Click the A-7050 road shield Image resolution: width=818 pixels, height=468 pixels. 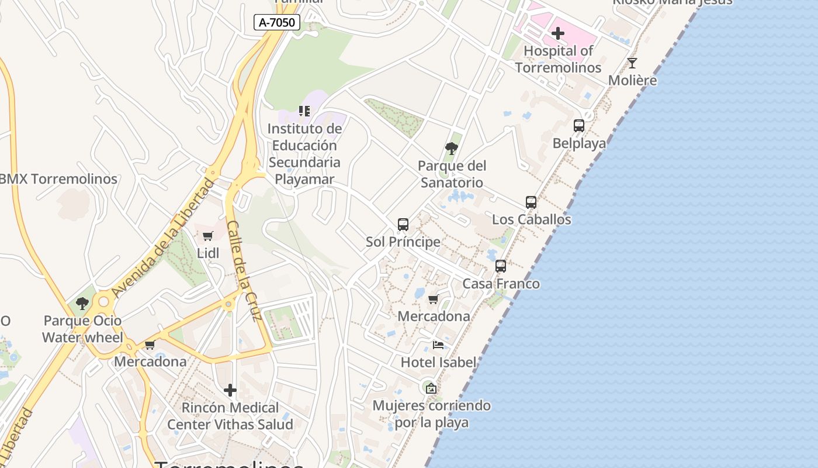coord(278,23)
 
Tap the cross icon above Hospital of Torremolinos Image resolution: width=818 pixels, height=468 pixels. coord(558,33)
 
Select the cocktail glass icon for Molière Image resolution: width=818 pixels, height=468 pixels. coord(632,63)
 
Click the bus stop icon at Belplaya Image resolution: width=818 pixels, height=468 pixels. coord(579,126)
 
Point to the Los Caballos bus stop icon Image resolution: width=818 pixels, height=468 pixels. coord(531,202)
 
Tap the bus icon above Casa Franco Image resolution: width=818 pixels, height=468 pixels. coord(501,266)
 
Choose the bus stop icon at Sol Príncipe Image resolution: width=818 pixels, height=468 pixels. coord(403,224)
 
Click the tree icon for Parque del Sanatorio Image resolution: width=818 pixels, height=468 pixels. coord(451,148)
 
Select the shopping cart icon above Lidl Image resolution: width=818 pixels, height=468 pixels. coord(208,236)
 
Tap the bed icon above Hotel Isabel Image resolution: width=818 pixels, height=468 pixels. coord(438,345)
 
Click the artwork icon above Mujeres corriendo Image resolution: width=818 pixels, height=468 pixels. coord(431,388)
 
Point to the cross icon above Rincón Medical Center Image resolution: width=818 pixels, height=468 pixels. coord(230,390)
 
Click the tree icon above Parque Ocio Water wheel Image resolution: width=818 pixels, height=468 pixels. coord(82,303)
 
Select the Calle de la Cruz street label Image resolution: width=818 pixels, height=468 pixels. coord(244,271)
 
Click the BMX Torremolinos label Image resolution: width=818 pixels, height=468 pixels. coord(58,179)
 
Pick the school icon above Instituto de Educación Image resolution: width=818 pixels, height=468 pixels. coord(304,111)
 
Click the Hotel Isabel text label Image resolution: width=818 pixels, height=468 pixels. coord(438,362)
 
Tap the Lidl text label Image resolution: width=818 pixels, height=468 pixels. coord(208,253)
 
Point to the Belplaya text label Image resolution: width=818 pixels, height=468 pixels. coord(579,143)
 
